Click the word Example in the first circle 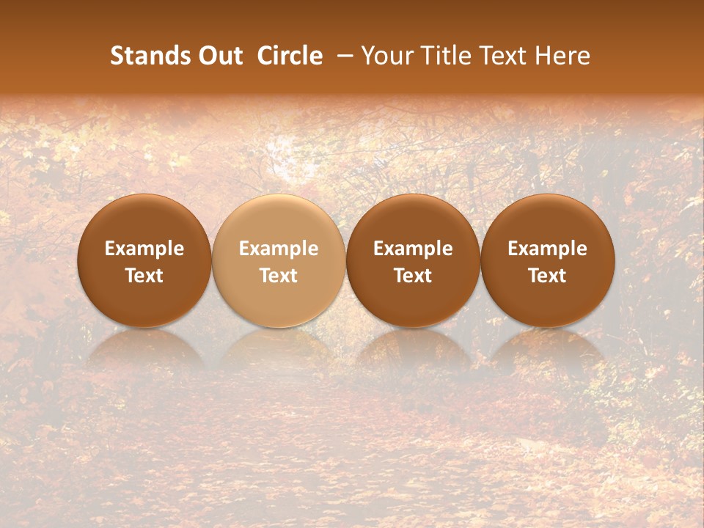[x=144, y=249]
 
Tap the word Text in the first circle [x=144, y=276]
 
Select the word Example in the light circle [x=279, y=249]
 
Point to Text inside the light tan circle [x=279, y=276]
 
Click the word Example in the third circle [x=413, y=249]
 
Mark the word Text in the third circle [x=413, y=276]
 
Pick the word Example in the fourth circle [x=547, y=249]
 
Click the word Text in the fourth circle [x=547, y=276]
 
